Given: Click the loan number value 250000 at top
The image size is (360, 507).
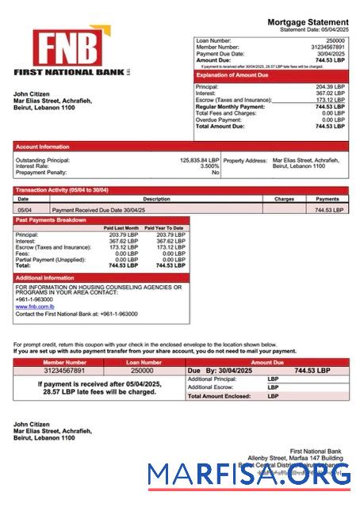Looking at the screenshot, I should pyautogui.click(x=335, y=40).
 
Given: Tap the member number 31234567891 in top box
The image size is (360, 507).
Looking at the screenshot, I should pyautogui.click(x=328, y=47).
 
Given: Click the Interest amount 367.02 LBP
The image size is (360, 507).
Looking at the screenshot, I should pyautogui.click(x=330, y=93).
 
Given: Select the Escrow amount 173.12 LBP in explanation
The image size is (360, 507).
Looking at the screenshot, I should pyautogui.click(x=330, y=100).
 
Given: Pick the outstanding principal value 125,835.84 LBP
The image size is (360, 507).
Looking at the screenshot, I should pyautogui.click(x=199, y=160).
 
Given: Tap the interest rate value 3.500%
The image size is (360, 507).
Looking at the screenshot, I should pyautogui.click(x=209, y=166).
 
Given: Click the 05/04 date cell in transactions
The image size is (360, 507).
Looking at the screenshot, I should pyautogui.click(x=25, y=210).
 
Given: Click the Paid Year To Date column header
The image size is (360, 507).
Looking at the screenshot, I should pyautogui.click(x=164, y=228).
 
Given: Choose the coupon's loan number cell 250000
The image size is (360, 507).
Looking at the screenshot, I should pyautogui.click(x=142, y=370).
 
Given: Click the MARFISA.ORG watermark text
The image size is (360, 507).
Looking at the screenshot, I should pyautogui.click(x=249, y=475).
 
